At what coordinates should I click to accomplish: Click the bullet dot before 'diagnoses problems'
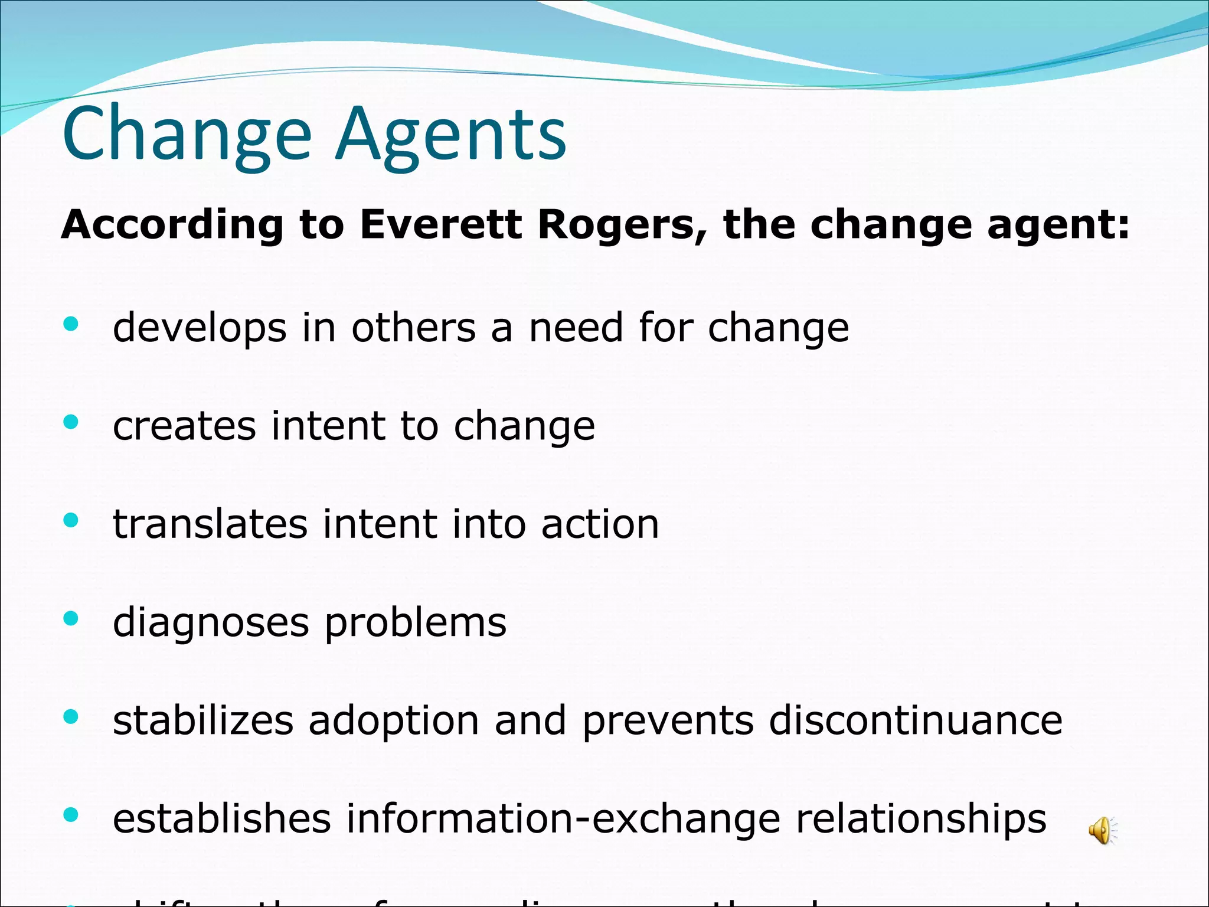click(x=71, y=618)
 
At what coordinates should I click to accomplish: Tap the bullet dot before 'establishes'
click(x=71, y=815)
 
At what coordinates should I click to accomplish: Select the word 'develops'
click(x=200, y=328)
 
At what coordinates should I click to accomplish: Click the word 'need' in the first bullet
click(x=576, y=327)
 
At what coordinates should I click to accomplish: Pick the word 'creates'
click(x=184, y=426)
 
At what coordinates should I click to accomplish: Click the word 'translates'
click(x=210, y=524)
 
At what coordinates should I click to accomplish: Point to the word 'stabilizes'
click(x=203, y=720)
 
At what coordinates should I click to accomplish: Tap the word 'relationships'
click(x=921, y=819)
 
